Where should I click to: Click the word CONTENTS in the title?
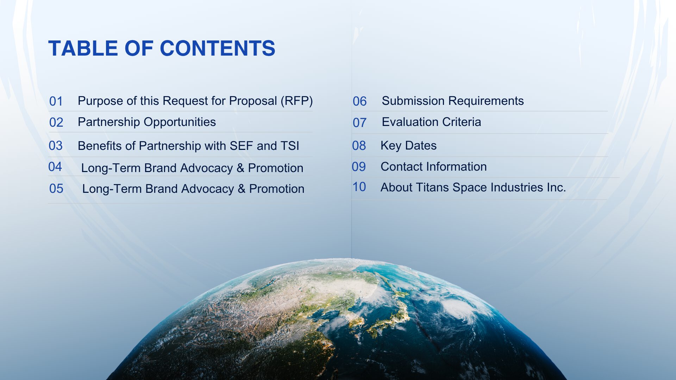coord(217,48)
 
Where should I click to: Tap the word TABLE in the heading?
coord(83,48)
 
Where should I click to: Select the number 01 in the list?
coord(56,101)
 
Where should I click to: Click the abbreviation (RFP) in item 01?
coord(296,101)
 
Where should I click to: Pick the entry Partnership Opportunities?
coord(147,122)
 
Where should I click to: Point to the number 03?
coord(56,146)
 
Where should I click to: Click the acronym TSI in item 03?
coord(290,146)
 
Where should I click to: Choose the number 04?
coord(55,167)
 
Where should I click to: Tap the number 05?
coord(56,189)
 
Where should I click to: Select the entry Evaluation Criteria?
coord(431,122)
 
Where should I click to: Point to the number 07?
coord(359,123)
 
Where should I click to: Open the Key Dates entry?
coord(408,146)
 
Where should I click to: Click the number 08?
coord(359,146)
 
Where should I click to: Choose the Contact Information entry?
coord(433,167)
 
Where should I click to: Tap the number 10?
coord(359,187)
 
